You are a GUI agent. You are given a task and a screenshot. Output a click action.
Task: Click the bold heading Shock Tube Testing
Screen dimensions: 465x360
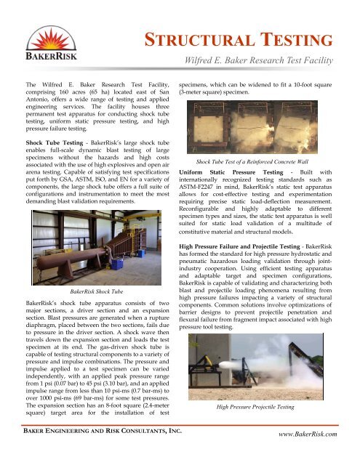49,144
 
